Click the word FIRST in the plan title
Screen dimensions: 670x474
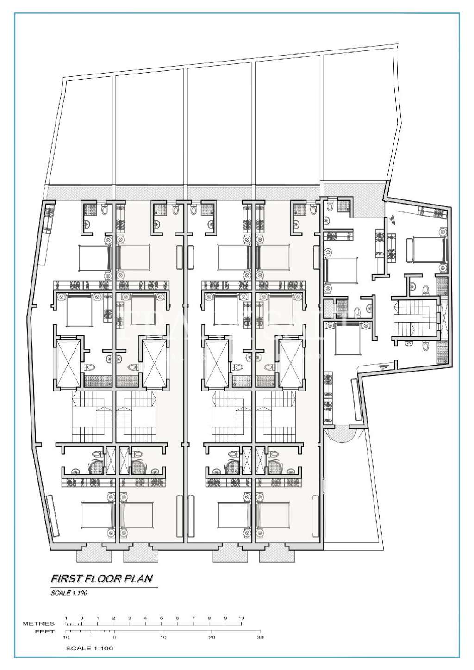click(63, 578)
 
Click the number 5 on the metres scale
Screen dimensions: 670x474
click(162, 618)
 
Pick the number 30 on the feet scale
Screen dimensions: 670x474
click(260, 638)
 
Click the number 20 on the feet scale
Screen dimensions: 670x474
click(212, 638)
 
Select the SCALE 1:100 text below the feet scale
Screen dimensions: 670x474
click(89, 648)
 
